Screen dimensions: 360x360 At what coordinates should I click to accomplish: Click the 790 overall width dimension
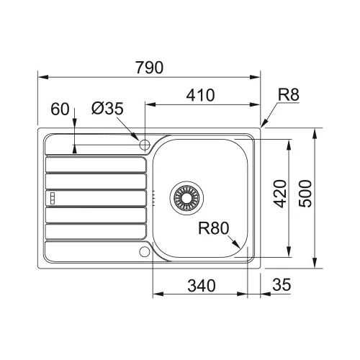click(149, 68)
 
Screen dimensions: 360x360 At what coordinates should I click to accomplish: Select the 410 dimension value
click(200, 95)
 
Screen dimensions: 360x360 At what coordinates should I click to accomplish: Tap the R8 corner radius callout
click(289, 94)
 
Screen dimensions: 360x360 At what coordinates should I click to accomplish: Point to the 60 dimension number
click(60, 109)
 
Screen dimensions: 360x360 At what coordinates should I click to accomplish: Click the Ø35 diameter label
click(107, 108)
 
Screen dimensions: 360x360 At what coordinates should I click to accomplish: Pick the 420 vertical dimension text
click(280, 194)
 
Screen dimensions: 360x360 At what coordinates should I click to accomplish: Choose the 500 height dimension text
click(305, 194)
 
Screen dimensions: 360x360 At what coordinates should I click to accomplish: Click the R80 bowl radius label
click(214, 228)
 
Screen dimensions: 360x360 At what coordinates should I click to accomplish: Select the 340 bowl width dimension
click(202, 286)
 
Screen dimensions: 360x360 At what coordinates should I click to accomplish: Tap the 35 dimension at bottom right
click(282, 284)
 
